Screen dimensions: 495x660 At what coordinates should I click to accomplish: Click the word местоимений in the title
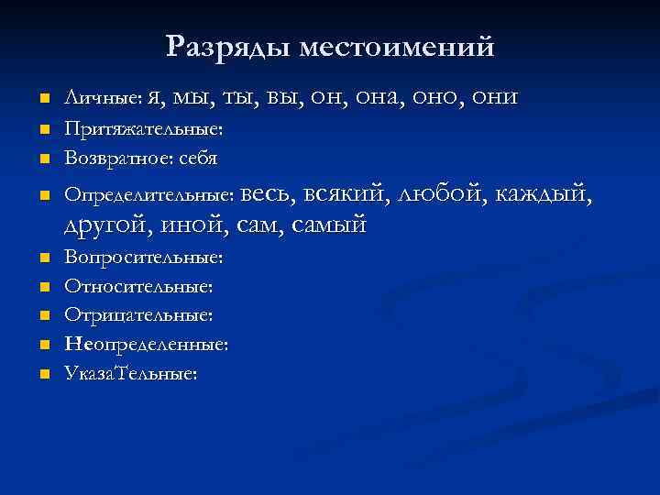(x=397, y=46)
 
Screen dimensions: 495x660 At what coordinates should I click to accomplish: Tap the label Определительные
(x=149, y=194)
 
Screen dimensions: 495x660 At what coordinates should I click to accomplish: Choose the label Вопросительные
(x=143, y=258)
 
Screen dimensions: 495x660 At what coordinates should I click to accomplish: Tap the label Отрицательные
(x=137, y=315)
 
